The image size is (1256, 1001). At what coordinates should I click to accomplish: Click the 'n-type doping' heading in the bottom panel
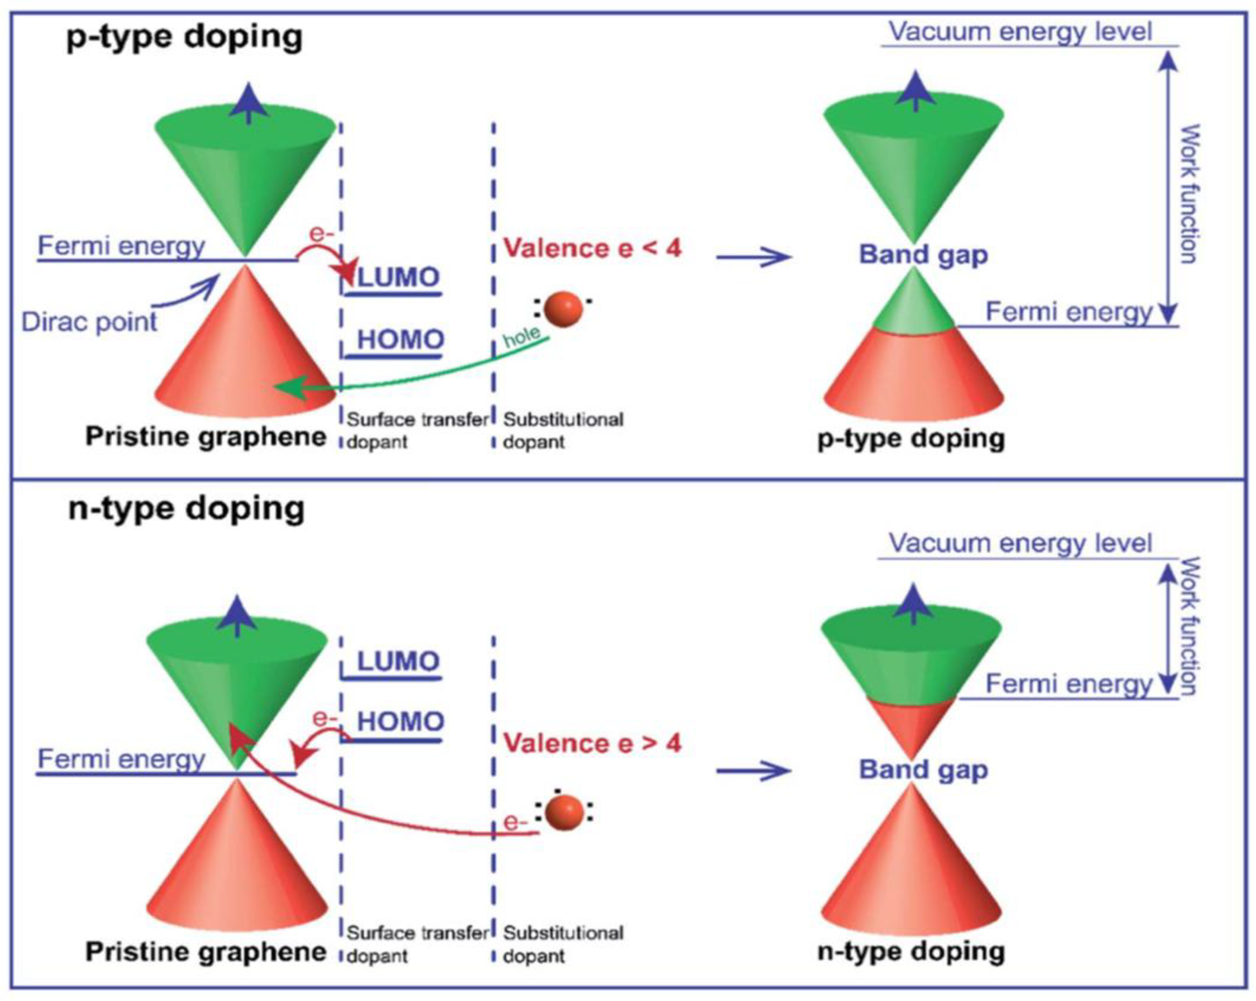pos(187,509)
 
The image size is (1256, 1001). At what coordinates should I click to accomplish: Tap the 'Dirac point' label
pos(89,322)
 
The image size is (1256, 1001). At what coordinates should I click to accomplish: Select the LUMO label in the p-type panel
pos(399,278)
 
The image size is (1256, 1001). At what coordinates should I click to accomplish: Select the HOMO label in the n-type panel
pos(400,722)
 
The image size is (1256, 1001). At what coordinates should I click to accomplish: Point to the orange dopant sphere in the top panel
pos(564,309)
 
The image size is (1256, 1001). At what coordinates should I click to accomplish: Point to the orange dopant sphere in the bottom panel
pos(564,813)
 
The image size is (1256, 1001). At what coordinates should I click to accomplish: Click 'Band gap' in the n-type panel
pos(923,770)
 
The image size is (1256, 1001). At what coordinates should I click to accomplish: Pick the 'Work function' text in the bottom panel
pos(1188,626)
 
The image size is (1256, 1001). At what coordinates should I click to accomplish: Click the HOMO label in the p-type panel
pos(400,340)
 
